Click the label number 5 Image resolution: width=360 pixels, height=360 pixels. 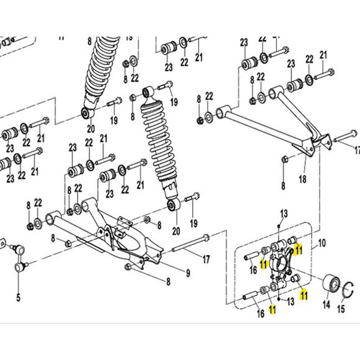(18, 298)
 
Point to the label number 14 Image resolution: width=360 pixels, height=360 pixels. (326, 305)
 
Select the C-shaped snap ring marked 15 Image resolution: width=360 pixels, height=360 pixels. (348, 290)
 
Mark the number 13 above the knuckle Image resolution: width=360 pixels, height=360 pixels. (284, 214)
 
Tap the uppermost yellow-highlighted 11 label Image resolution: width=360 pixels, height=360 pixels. (298, 250)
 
